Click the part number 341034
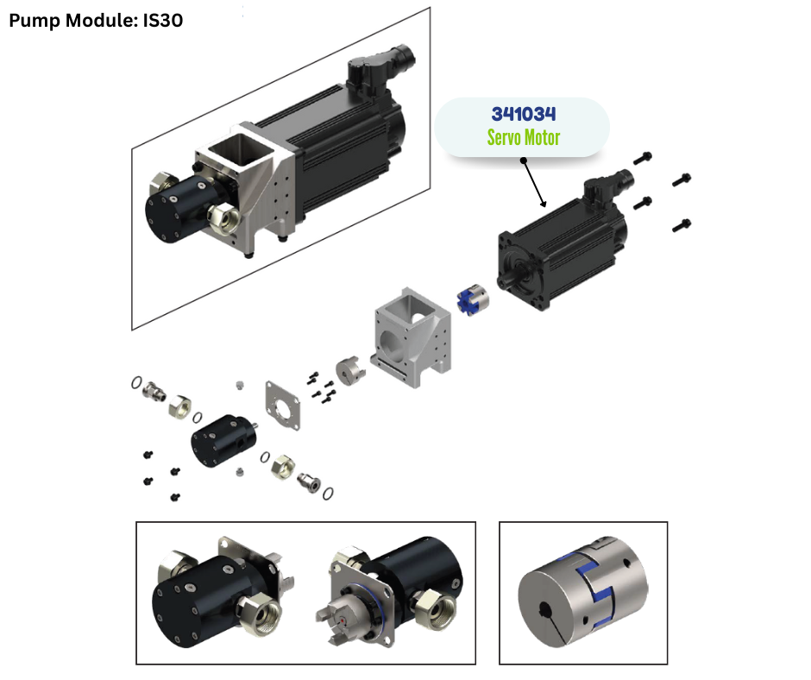coord(524,114)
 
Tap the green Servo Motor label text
coord(524,138)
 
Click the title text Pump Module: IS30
coord(96,21)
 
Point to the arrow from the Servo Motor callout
coord(534,183)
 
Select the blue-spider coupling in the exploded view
coord(473,299)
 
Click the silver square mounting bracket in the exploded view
coord(412,337)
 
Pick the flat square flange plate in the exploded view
coord(282,406)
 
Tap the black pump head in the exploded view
coord(224,440)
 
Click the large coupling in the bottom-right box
coord(582,592)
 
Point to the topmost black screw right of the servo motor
coord(643,158)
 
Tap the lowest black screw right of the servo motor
coord(682,225)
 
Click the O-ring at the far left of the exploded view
coord(136,382)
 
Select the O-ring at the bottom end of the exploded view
coord(328,494)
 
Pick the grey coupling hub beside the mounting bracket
coord(350,370)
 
